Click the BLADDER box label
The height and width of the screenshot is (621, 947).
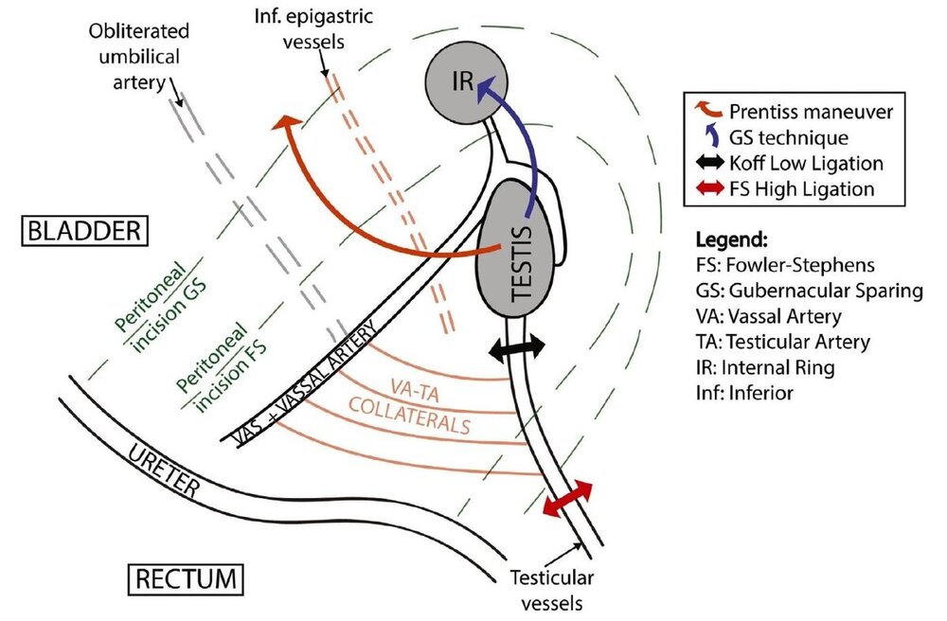[84, 231]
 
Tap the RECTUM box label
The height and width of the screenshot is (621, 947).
[186, 579]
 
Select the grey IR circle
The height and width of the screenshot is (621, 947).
[466, 82]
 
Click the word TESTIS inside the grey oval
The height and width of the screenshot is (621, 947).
[522, 263]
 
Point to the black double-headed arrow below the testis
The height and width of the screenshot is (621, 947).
[516, 348]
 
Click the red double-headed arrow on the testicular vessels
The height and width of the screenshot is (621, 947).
[567, 497]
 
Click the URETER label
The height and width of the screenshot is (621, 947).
[163, 470]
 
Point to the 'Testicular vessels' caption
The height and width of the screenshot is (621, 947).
[551, 590]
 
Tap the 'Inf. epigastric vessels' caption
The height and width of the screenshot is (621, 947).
[313, 27]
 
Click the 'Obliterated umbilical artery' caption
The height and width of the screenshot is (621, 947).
[139, 56]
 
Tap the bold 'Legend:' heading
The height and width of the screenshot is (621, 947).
[731, 240]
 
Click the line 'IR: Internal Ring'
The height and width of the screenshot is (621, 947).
[765, 367]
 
